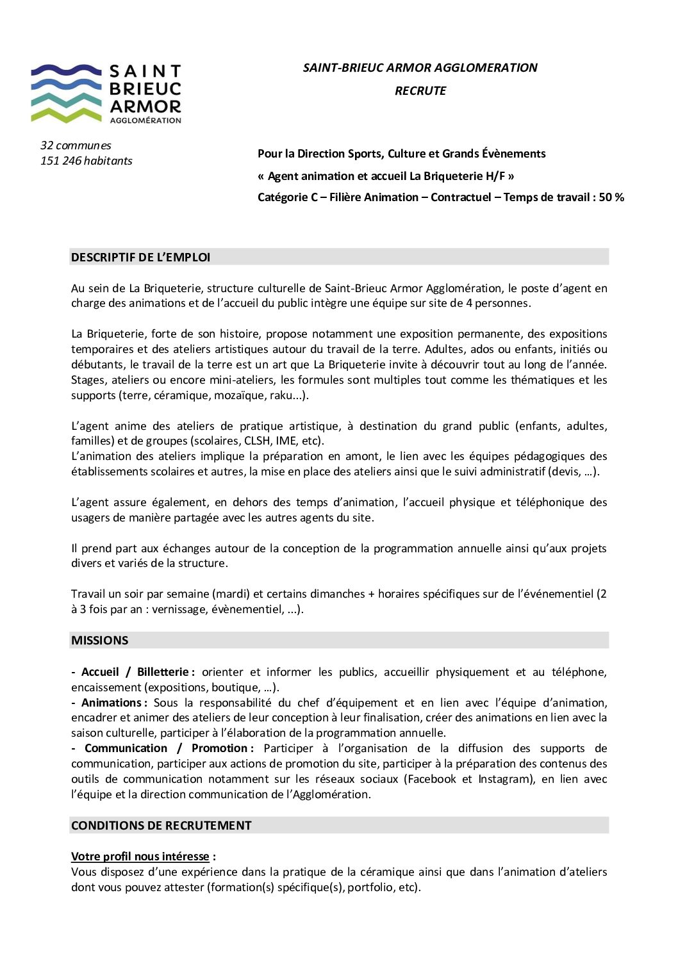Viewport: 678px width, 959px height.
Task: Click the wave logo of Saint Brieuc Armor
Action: tap(66, 93)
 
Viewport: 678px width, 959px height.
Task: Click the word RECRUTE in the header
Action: tap(420, 91)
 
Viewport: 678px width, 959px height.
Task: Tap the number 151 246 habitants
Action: tap(87, 161)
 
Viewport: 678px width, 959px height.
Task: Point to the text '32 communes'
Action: tap(76, 145)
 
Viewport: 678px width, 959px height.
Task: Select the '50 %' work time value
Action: tap(611, 197)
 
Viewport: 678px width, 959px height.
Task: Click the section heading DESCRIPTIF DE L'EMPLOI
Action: tap(141, 258)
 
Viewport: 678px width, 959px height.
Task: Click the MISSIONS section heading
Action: tap(100, 641)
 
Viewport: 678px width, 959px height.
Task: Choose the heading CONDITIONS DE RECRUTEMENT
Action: tap(161, 826)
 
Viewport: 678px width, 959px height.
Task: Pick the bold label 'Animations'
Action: tap(113, 703)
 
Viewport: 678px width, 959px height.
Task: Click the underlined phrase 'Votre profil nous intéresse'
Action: tap(140, 857)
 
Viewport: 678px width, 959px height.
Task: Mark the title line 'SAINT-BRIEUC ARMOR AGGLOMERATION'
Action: tap(420, 68)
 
